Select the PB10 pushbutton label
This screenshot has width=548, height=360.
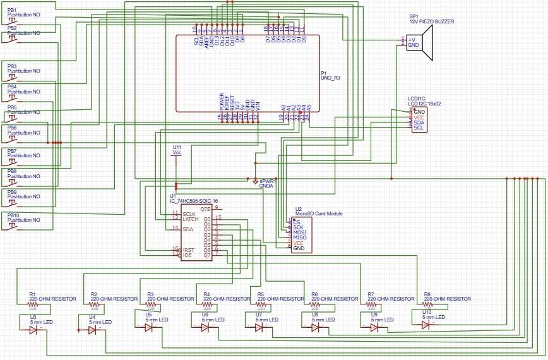click(13, 215)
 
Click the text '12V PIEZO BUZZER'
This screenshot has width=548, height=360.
click(431, 21)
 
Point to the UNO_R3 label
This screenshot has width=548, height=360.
click(331, 78)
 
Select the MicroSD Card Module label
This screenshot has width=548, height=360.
click(319, 213)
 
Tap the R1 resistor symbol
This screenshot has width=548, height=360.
click(33, 304)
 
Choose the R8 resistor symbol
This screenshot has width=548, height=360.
click(428, 304)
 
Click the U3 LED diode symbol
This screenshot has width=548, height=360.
click(33, 330)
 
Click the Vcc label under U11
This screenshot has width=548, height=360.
click(177, 153)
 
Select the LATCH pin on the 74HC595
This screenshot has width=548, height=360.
click(190, 219)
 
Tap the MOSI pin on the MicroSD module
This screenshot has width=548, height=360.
click(299, 232)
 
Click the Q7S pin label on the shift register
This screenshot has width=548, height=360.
click(205, 208)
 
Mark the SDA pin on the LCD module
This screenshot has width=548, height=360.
click(419, 123)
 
